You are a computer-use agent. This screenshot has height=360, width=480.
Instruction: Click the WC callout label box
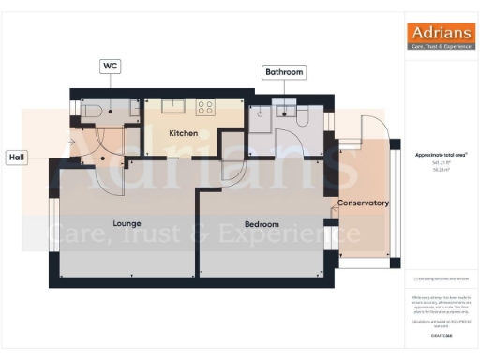112,66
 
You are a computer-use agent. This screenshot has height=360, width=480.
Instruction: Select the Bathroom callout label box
283,71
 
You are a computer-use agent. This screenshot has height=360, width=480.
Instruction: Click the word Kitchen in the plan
183,134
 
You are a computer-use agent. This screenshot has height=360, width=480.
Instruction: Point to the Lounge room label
127,224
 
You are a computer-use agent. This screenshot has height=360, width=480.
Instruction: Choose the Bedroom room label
262,225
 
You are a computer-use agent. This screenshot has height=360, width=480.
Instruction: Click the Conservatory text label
363,203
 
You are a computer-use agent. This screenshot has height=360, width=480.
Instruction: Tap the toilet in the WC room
93,112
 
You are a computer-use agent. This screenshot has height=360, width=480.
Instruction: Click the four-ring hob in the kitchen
206,107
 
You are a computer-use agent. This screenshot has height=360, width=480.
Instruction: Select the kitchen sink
172,106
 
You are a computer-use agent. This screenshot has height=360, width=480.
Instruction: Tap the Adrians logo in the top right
440,36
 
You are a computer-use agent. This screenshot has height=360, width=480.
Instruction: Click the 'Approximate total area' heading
441,154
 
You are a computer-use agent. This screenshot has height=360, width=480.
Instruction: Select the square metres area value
439,171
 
